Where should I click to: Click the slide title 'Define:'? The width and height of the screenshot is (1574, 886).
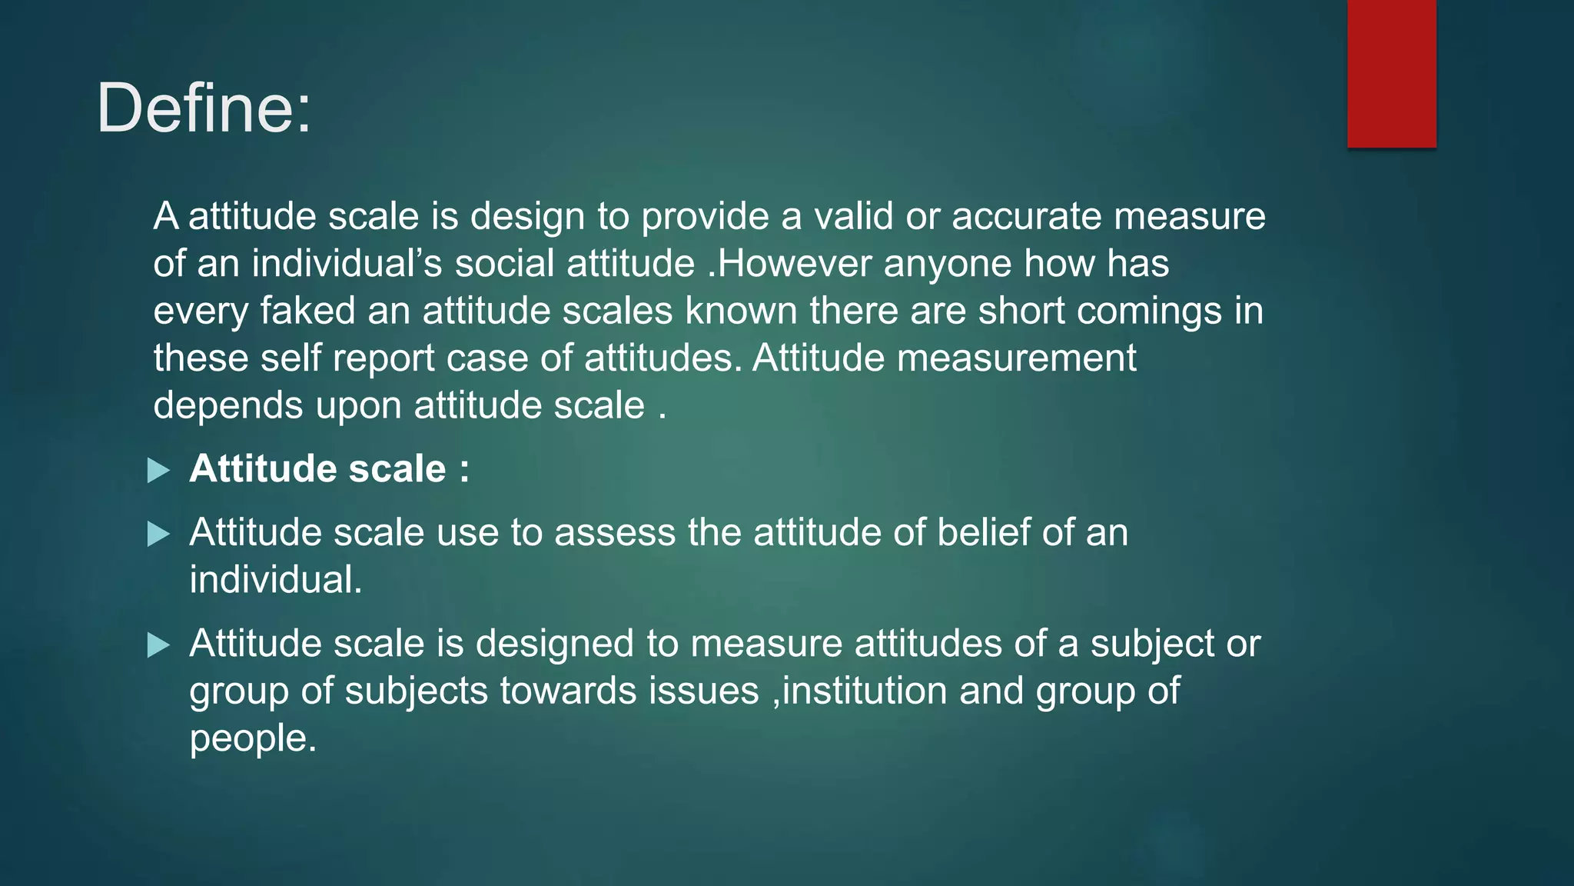pyautogui.click(x=204, y=108)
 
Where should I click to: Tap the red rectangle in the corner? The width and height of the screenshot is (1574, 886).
pyautogui.click(x=1391, y=73)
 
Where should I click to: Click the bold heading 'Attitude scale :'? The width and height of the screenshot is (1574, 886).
pyautogui.click(x=329, y=468)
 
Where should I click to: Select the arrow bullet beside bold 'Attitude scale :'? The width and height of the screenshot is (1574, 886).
pyautogui.click(x=158, y=470)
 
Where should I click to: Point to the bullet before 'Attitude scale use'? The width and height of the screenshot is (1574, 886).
pyautogui.click(x=158, y=533)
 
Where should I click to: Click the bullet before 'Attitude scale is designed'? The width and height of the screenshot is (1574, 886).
pyautogui.click(x=158, y=645)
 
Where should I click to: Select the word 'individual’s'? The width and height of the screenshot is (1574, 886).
pyautogui.click(x=347, y=263)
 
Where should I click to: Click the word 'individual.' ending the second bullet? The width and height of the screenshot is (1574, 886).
pyautogui.click(x=276, y=580)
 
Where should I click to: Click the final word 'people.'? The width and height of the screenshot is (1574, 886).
pyautogui.click(x=253, y=738)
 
